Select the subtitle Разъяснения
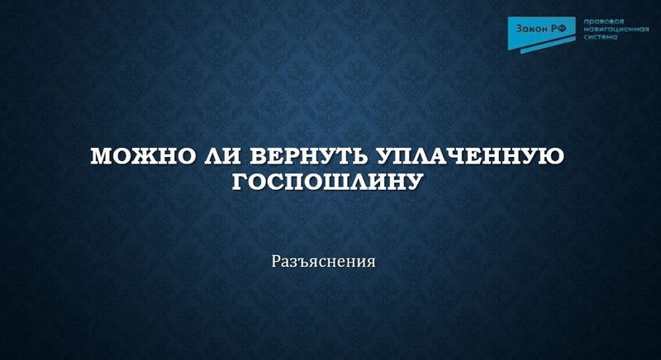coord(324,263)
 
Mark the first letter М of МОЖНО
coord(101,157)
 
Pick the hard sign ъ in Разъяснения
coord(299,263)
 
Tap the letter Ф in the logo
coord(565,29)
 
